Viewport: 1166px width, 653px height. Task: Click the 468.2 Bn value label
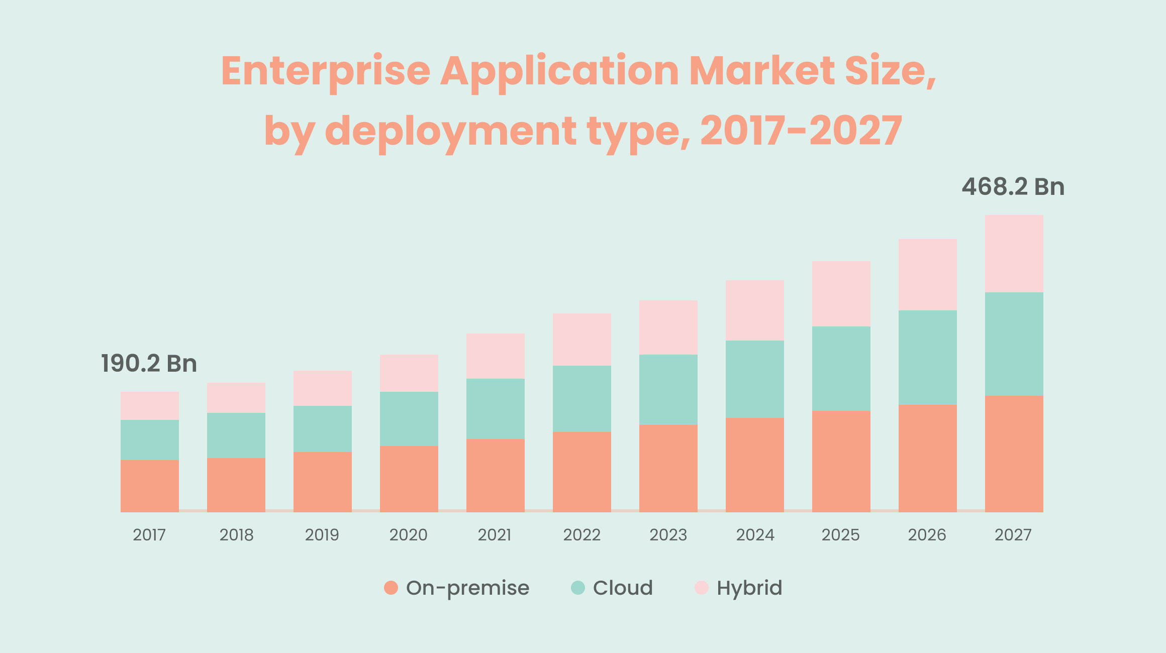click(1013, 187)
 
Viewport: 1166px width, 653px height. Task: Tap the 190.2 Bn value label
click(149, 364)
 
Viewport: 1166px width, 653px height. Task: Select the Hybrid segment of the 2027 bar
click(1014, 254)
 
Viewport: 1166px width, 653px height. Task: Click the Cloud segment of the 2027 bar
click(1014, 344)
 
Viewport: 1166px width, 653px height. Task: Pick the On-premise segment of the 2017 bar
click(150, 486)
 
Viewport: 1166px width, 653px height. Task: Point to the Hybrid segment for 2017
click(150, 406)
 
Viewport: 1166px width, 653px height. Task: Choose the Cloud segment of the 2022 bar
click(582, 399)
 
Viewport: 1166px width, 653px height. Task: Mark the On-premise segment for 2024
click(754, 465)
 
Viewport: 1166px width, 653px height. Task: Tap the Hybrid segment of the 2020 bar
click(409, 373)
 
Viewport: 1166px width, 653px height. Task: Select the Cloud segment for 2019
click(323, 429)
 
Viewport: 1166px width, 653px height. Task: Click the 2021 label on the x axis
click(495, 535)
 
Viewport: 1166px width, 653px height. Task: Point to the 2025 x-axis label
click(840, 535)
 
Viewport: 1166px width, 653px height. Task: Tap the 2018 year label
click(236, 535)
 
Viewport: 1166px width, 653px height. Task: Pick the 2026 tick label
click(927, 535)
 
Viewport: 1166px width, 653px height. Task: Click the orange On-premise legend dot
click(391, 588)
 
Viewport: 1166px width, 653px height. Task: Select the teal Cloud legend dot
click(578, 588)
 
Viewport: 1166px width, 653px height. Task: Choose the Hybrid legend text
click(749, 588)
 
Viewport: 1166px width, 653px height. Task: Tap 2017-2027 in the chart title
click(801, 131)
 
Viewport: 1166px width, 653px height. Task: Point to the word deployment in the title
click(450, 131)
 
